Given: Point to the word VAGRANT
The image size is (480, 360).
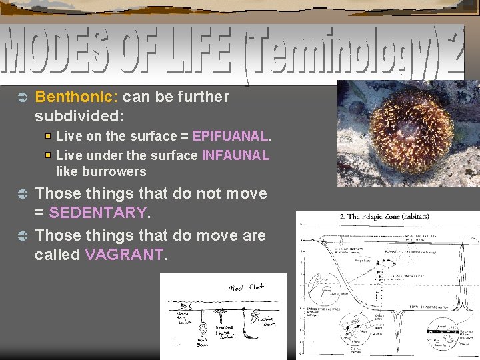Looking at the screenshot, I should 123,255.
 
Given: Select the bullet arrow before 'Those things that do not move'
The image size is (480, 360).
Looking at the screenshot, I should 20,195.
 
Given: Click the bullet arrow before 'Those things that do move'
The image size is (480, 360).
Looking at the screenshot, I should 20,236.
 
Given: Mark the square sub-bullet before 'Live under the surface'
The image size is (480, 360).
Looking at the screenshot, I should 47,155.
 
